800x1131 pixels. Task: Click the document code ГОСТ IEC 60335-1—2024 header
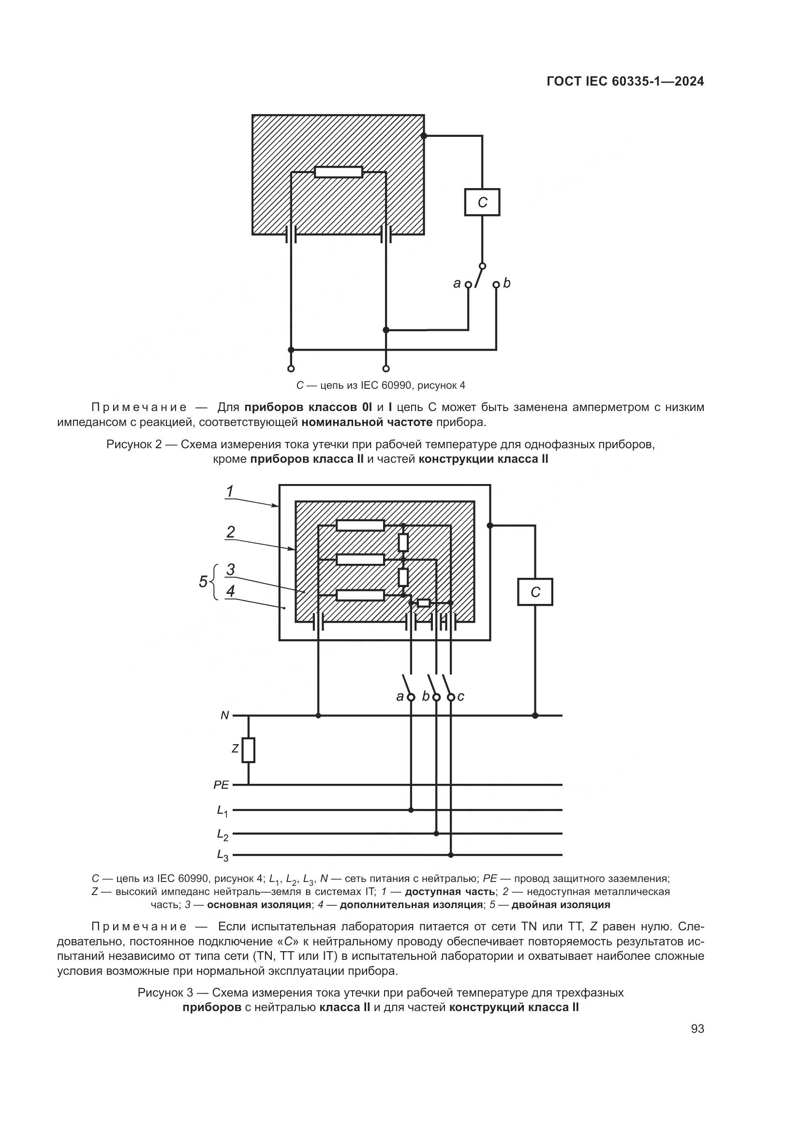[625, 82]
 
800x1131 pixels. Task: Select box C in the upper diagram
[482, 202]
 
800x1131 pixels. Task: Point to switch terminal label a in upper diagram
[457, 284]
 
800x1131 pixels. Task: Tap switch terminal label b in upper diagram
[507, 283]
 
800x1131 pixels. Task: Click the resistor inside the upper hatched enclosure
[339, 172]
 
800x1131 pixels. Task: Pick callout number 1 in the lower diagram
[230, 491]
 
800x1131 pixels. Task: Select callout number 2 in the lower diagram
[230, 531]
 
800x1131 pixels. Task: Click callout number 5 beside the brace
[203, 582]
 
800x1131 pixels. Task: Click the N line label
[224, 715]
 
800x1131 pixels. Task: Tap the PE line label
[221, 785]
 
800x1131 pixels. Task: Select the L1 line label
[222, 811]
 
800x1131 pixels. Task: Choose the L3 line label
[222, 856]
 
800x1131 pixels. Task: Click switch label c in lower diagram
[460, 696]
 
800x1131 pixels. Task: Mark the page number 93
[697, 1029]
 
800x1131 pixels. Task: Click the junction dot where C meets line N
[535, 715]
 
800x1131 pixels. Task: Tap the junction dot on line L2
[436, 834]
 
